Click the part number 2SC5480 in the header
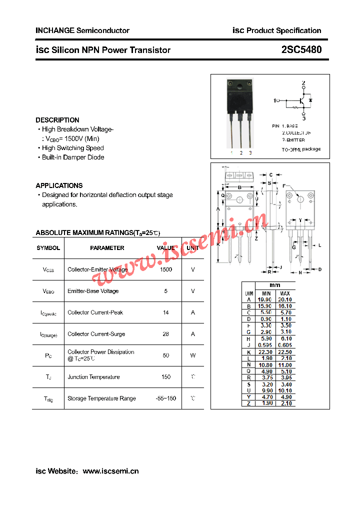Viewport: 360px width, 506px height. pyautogui.click(x=301, y=49)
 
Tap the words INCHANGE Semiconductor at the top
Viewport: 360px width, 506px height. pyautogui.click(x=82, y=30)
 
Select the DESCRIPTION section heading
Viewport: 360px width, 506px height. pyautogui.click(x=57, y=120)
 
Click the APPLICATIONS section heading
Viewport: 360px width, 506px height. pyautogui.click(x=59, y=185)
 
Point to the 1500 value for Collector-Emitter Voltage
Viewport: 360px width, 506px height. pyautogui.click(x=166, y=269)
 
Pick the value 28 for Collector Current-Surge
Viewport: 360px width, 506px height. pyautogui.click(x=166, y=334)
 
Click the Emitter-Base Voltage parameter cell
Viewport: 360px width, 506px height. pyautogui.click(x=93, y=291)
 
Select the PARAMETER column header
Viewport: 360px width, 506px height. pyautogui.click(x=107, y=248)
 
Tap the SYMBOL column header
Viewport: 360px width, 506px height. pyautogui.click(x=48, y=248)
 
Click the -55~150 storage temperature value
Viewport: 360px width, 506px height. pyautogui.click(x=166, y=398)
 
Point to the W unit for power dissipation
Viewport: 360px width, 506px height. pyautogui.click(x=193, y=355)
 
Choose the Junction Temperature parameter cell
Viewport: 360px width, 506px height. pyautogui.click(x=93, y=377)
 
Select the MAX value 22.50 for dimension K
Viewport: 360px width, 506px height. pyautogui.click(x=285, y=351)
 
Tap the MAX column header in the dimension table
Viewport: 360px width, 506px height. pyautogui.click(x=285, y=293)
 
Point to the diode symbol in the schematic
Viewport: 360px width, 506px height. pyautogui.click(x=310, y=101)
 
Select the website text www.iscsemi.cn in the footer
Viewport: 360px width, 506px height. pyautogui.click(x=110, y=471)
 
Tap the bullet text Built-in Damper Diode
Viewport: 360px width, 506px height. pyautogui.click(x=73, y=157)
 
